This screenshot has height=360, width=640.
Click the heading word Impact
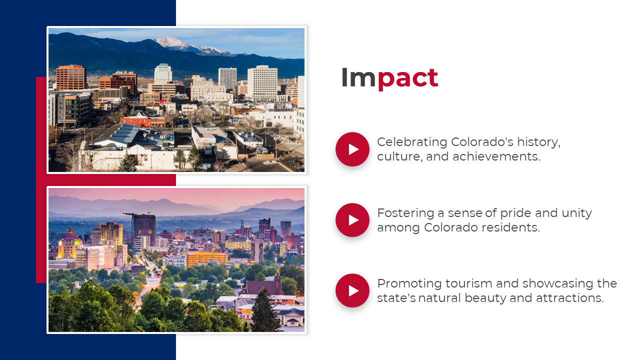coord(389,77)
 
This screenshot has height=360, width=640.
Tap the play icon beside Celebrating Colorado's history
coord(352,149)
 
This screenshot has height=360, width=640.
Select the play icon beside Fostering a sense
coord(352,220)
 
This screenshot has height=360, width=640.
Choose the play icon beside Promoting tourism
coord(352,290)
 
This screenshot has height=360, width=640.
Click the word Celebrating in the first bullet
coord(412,142)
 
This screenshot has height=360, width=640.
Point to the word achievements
coord(496,156)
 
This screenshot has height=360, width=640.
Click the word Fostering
coord(405,213)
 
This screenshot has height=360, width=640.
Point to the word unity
coord(576,213)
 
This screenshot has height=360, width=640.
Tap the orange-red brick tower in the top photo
coord(71,77)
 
